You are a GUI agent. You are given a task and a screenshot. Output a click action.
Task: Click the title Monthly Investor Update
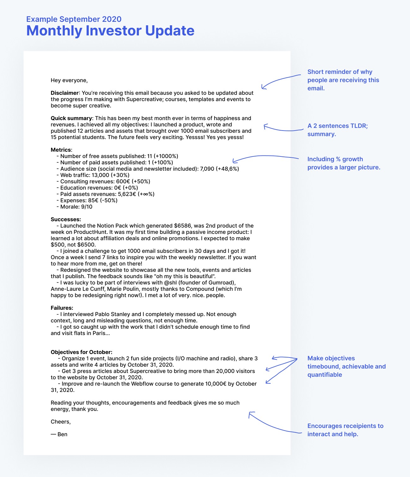point(110,31)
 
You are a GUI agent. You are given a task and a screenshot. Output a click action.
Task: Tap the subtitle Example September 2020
point(74,19)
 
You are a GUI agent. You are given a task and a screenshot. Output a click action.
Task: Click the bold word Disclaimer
point(65,93)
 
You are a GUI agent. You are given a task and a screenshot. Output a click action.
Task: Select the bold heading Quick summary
point(71,118)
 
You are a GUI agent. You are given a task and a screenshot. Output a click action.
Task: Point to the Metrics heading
point(61,150)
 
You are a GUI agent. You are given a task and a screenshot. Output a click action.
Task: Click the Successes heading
point(65,219)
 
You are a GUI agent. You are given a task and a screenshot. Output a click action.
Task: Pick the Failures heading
point(62,308)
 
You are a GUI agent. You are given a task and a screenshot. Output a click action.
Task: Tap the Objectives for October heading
point(81,352)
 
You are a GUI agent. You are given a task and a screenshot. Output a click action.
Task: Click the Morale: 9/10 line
point(74,207)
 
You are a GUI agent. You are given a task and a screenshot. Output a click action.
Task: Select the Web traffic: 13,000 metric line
point(93,175)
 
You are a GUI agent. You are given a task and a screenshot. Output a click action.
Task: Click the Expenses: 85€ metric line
point(87,200)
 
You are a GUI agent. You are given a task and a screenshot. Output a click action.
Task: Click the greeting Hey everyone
point(69,80)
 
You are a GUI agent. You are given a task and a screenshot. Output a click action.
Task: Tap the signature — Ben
point(59,434)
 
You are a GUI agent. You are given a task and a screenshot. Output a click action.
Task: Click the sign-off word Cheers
point(60,422)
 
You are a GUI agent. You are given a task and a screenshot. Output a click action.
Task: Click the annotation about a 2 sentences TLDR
point(337,130)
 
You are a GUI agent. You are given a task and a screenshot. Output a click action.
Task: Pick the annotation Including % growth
point(344,163)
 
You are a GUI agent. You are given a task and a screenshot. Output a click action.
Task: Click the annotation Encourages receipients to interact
point(345,430)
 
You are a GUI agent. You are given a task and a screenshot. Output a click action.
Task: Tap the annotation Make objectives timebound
point(346,366)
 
